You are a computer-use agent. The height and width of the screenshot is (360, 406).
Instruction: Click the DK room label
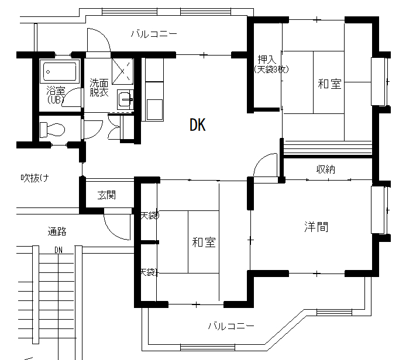198,125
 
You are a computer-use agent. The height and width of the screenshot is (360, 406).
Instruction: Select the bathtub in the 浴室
60,72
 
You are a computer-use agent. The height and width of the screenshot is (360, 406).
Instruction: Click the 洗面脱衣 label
99,88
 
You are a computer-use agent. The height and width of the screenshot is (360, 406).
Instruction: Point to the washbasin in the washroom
125,99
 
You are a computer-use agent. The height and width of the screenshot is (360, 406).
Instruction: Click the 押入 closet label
267,60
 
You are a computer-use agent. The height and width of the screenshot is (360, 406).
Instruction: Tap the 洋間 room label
316,227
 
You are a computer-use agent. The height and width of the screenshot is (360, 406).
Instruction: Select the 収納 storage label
326,169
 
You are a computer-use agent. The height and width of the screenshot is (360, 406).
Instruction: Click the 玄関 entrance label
106,195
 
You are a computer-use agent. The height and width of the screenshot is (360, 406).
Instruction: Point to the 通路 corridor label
57,231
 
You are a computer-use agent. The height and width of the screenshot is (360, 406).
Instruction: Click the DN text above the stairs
59,250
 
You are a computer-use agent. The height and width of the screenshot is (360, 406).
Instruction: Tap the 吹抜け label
35,178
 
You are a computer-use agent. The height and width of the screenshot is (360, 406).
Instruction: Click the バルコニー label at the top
154,34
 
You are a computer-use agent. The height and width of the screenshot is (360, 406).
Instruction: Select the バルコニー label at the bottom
231,326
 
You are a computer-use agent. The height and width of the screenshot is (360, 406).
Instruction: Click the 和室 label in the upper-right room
329,84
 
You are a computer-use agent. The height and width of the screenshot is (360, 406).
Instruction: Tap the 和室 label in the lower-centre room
204,243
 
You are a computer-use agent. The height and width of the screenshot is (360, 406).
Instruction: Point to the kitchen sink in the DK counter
154,109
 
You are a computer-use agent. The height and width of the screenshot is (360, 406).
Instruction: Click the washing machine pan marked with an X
122,71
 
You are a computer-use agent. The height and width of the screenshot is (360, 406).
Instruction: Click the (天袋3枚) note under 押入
271,70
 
